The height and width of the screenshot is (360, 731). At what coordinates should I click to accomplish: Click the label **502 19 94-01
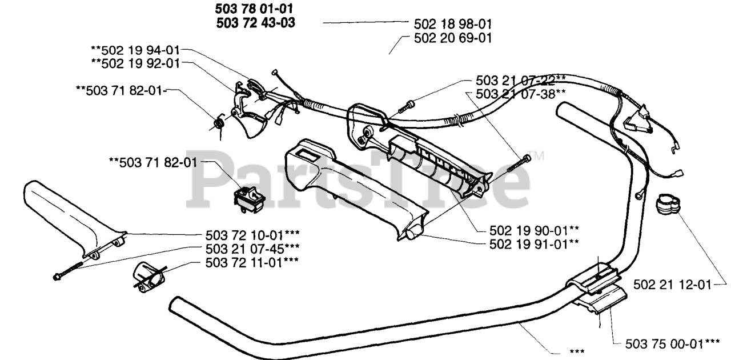click(138, 50)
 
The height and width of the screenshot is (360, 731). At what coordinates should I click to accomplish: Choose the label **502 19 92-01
click(138, 63)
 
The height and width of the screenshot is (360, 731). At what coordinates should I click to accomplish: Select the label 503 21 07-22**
click(520, 81)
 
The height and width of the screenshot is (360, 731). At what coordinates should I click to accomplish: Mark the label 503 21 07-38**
click(520, 94)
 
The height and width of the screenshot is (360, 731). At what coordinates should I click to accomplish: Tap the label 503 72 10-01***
click(252, 235)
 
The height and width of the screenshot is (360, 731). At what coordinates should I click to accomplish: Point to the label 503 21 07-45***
click(252, 248)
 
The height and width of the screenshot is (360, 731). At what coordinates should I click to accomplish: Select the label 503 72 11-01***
click(252, 261)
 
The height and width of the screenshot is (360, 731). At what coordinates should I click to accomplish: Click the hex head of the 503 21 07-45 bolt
click(58, 278)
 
